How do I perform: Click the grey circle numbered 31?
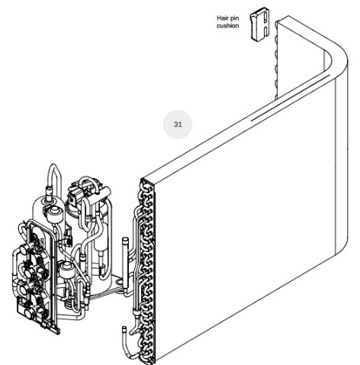coord(178,124)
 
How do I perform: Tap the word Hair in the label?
coord(223,18)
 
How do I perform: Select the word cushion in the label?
coord(228,26)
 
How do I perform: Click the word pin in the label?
coord(235,18)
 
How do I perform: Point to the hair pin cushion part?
coord(259,24)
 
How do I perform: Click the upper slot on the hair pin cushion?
coord(265,18)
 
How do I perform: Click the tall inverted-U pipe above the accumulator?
coord(53,177)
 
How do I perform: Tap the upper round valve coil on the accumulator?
coord(54,212)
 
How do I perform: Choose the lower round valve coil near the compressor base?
coord(67,270)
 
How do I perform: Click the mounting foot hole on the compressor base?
coord(119,282)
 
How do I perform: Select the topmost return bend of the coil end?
coord(147,184)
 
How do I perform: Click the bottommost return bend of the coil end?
coord(147,356)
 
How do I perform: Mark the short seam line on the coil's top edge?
coord(290,97)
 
